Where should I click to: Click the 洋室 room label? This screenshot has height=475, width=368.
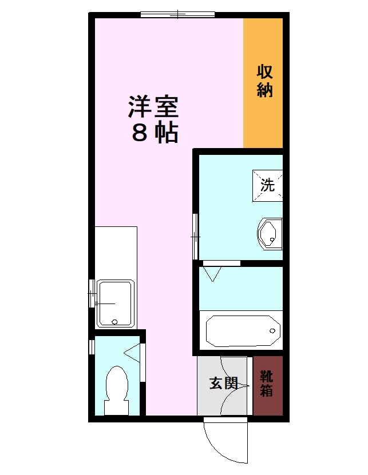(x=153, y=106)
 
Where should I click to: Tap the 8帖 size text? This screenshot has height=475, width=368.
(x=155, y=133)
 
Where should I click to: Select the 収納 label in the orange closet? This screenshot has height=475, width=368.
(x=264, y=81)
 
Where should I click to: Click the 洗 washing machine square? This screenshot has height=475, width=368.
(x=268, y=185)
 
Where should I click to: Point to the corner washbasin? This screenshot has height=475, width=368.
(x=270, y=234)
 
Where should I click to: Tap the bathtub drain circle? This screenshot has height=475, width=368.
(x=271, y=331)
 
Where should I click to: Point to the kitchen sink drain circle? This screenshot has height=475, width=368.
(x=115, y=321)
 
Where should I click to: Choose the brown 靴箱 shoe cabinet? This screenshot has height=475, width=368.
(x=268, y=385)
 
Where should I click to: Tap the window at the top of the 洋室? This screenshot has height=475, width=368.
(x=177, y=14)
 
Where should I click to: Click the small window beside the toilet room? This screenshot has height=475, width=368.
(x=92, y=346)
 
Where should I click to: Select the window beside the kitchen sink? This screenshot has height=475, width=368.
(x=92, y=293)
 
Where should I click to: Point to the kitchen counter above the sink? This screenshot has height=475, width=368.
(x=116, y=252)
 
